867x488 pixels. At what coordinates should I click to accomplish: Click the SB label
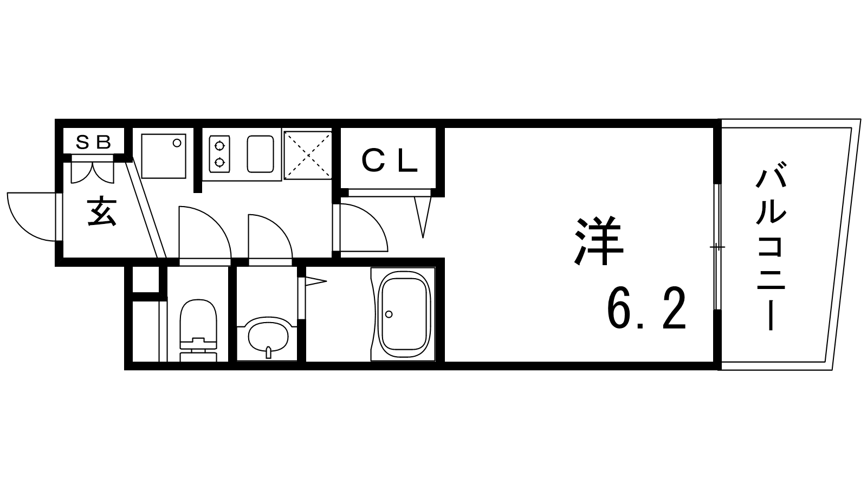(x=93, y=142)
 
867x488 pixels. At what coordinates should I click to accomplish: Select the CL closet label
(x=390, y=161)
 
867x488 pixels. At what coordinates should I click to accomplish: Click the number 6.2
(x=646, y=309)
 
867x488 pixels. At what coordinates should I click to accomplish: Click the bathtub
(x=403, y=314)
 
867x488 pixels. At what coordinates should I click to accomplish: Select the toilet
(x=198, y=330)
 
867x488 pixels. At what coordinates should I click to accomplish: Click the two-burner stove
(x=219, y=154)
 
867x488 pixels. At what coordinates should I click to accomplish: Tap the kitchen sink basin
(x=261, y=154)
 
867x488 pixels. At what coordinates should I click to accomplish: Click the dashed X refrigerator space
(x=308, y=155)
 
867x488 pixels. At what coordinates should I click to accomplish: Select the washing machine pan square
(x=163, y=156)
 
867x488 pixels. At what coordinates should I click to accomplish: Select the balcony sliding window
(x=717, y=247)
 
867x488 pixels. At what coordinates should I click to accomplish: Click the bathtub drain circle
(x=389, y=314)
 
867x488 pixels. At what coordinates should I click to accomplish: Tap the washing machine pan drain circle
(x=177, y=143)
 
